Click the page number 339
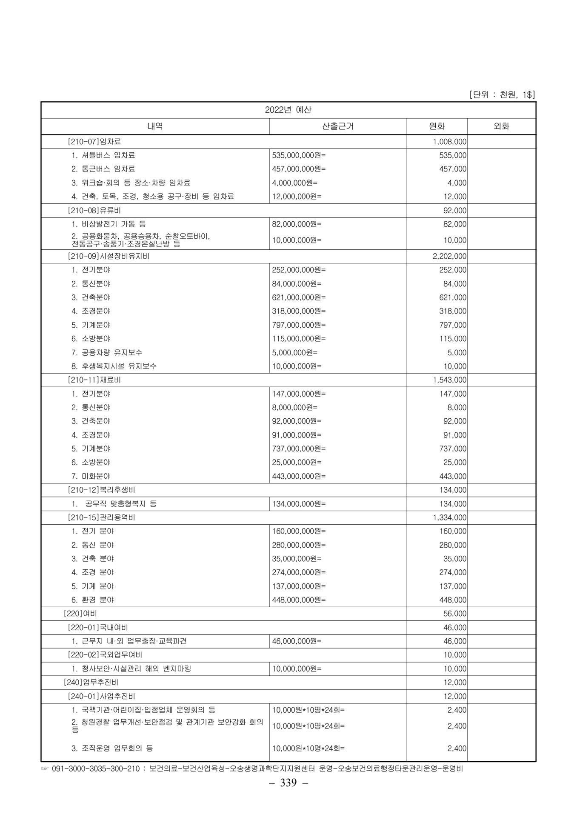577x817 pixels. (x=288, y=794)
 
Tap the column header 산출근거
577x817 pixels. (x=338, y=126)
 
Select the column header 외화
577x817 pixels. (x=501, y=126)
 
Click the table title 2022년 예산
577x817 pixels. (x=288, y=110)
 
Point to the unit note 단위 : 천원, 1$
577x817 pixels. (x=502, y=94)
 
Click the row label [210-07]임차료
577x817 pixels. (x=94, y=141)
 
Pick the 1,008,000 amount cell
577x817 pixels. (x=449, y=142)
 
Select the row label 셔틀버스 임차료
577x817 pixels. (x=108, y=155)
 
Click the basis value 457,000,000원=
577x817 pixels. (x=299, y=169)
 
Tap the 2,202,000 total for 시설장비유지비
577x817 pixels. (x=449, y=256)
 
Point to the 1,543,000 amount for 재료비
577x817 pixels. (x=449, y=380)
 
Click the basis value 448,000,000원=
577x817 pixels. (x=299, y=600)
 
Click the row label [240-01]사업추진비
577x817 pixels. (x=101, y=696)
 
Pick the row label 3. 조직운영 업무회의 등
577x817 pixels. (x=112, y=748)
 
